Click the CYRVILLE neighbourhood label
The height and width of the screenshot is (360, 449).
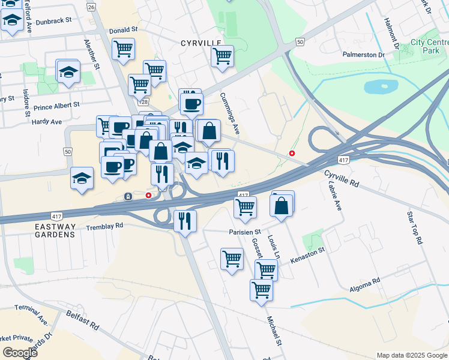pos(201,43)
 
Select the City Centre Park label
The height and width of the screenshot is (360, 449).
pos(429,47)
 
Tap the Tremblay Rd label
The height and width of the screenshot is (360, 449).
pos(104,226)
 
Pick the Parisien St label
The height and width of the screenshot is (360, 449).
pos(244,232)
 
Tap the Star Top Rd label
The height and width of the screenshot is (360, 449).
pos(415,227)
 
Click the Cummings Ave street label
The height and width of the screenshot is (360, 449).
pos(230,113)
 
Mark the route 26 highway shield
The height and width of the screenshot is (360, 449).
pos(91,7)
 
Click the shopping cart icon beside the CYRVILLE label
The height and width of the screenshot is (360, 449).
pos(222,55)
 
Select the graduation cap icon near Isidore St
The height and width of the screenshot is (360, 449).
pos(68,72)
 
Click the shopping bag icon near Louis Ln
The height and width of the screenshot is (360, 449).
pos(282,205)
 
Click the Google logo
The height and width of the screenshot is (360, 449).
pos(20,353)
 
